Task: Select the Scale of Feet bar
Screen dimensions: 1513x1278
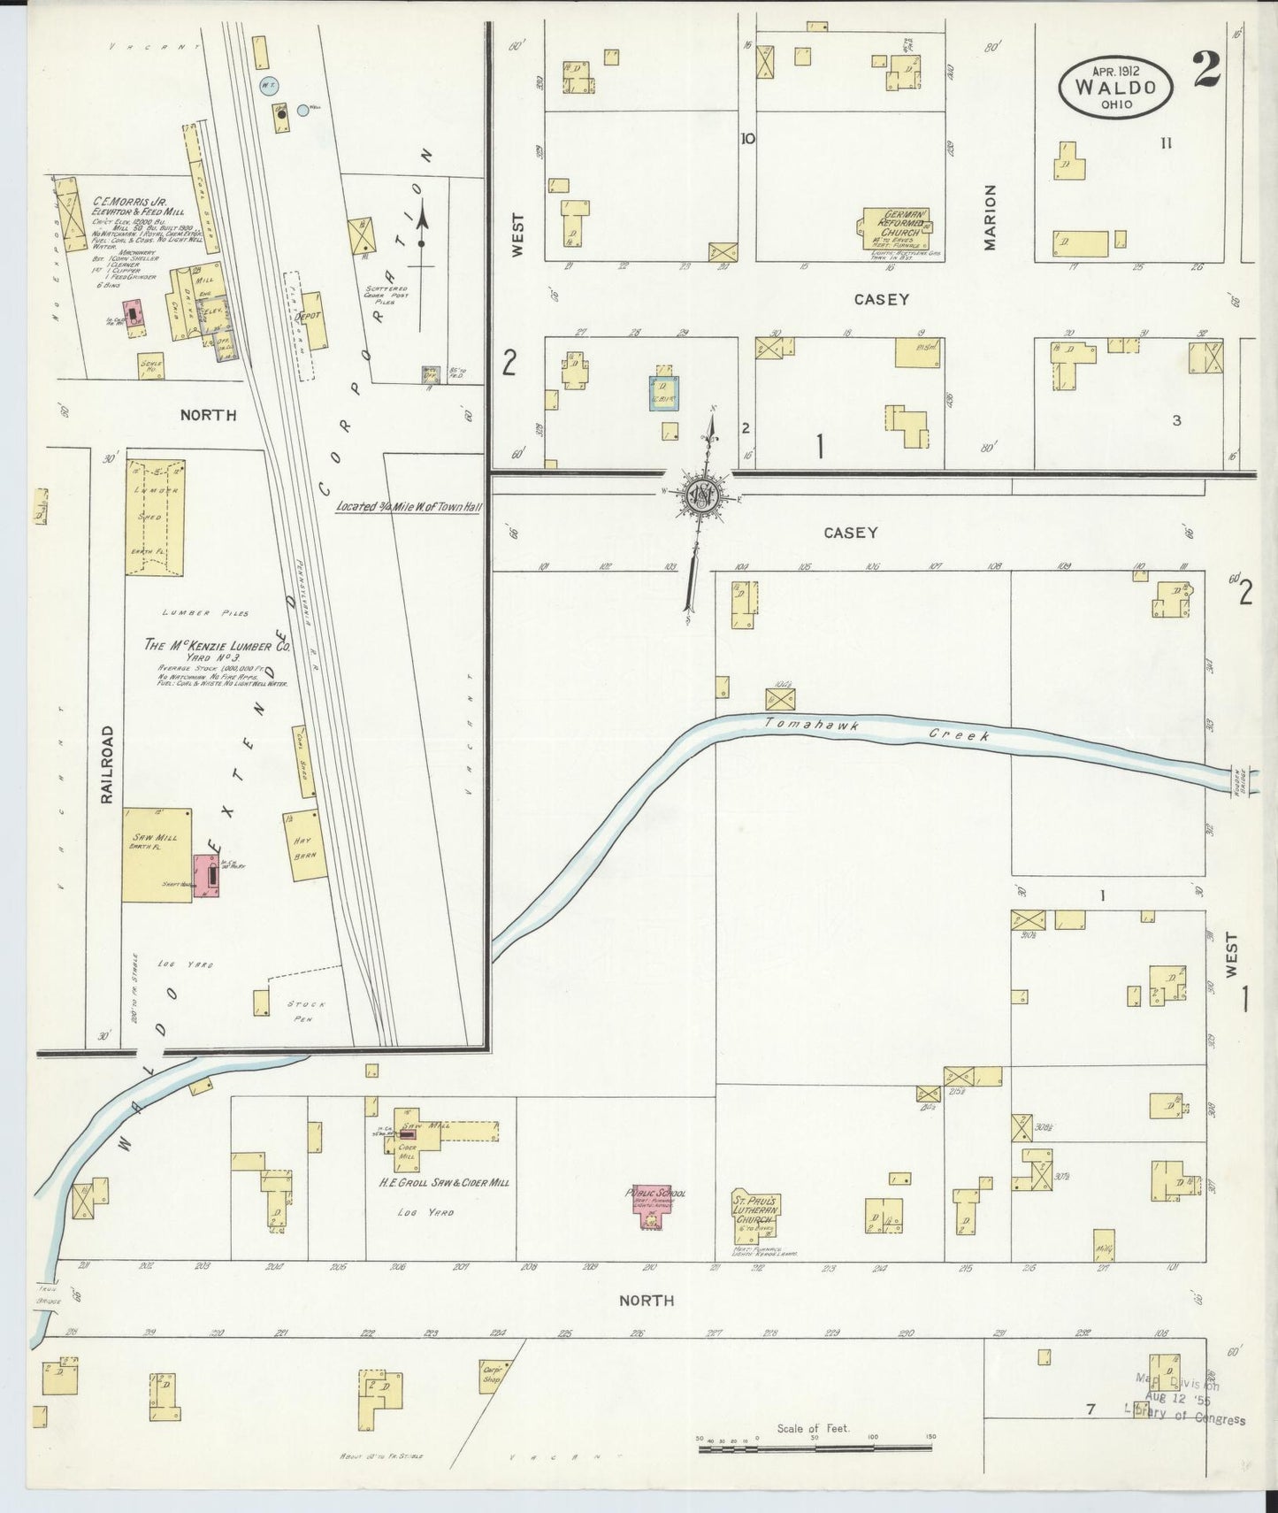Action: pyautogui.click(x=814, y=1448)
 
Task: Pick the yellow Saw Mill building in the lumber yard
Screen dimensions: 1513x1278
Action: pyautogui.click(x=157, y=854)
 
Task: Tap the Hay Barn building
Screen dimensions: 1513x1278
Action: pyautogui.click(x=304, y=845)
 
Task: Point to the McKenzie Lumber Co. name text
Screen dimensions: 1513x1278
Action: pyautogui.click(x=217, y=646)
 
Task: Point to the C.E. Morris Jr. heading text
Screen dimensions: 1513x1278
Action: pyautogui.click(x=130, y=203)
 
